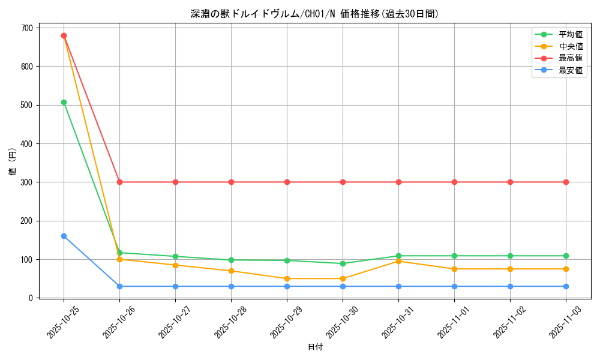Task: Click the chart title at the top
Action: coord(315,14)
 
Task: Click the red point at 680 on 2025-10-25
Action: coord(64,35)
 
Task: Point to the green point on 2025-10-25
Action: coord(64,102)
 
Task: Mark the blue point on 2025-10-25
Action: coord(64,236)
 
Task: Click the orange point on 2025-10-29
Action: coord(287,278)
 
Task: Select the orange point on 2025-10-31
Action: coord(398,261)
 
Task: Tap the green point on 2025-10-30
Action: coord(343,263)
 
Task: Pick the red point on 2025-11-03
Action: coord(566,182)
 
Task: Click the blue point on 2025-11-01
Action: coord(454,286)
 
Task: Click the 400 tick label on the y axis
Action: coord(26,144)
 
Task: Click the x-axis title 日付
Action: coord(315,347)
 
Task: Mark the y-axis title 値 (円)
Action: coord(13,162)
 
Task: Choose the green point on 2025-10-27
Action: coord(175,256)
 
